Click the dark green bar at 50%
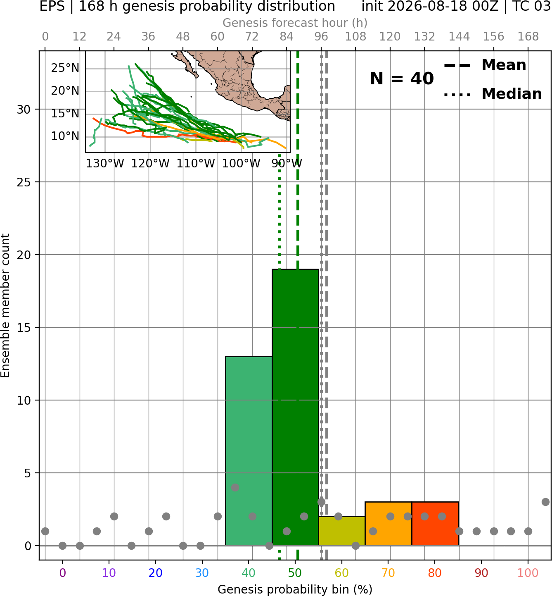pos(295,407)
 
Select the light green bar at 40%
pos(249,451)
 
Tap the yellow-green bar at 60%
pos(342,531)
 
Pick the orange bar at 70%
pos(388,524)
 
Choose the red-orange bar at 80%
pos(435,524)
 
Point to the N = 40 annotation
pos(402,79)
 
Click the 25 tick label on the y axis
pos(24,182)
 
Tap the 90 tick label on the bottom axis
pos(481,573)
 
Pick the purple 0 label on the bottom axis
pos(62,573)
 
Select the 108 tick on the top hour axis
pos(355,37)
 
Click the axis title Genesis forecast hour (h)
pos(295,23)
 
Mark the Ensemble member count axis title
pos(5,305)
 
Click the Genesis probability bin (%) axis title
pos(295,589)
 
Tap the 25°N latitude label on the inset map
pos(65,68)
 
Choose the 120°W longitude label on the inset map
pos(151,164)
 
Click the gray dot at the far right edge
pos(545,502)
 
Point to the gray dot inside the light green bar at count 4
pos(235,487)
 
